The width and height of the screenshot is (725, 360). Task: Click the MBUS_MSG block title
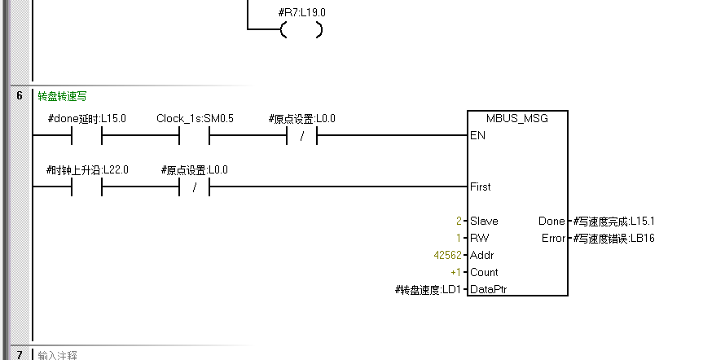(x=517, y=119)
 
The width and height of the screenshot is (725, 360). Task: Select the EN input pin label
(x=477, y=136)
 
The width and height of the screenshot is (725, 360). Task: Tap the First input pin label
(x=481, y=187)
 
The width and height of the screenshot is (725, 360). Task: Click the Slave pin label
(x=484, y=222)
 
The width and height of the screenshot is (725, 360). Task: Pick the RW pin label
(x=478, y=239)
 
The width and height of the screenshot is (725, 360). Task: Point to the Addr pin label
(x=481, y=256)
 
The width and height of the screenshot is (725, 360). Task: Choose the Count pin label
(x=484, y=273)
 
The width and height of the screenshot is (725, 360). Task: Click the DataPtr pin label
(x=489, y=290)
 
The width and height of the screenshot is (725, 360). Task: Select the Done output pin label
(x=551, y=222)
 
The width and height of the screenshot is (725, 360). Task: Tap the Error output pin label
(x=553, y=239)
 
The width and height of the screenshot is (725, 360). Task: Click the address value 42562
(x=447, y=256)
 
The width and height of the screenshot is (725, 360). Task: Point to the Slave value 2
(x=459, y=222)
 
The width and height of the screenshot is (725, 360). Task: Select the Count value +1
(x=455, y=273)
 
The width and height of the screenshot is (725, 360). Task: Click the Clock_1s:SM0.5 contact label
(x=195, y=119)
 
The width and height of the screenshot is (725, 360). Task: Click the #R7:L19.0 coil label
(x=301, y=14)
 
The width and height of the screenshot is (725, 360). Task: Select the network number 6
(x=19, y=96)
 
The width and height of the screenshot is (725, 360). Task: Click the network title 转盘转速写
(x=61, y=96)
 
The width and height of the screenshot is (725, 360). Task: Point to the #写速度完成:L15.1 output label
(x=613, y=222)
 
